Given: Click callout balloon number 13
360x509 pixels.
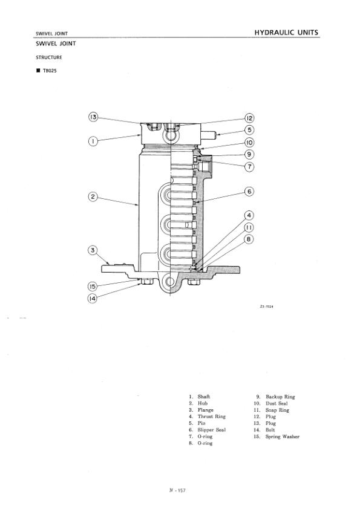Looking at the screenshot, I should [x=93, y=117].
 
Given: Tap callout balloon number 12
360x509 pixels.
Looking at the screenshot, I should [x=249, y=118].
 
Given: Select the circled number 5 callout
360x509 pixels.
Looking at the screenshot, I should [x=249, y=130].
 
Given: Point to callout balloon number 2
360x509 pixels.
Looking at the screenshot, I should [x=93, y=196].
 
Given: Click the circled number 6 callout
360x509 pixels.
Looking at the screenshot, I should [x=249, y=192].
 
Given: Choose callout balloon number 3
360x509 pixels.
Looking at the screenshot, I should [x=93, y=250].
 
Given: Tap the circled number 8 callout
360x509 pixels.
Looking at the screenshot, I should [x=249, y=239].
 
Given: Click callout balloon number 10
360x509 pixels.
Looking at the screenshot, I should [x=249, y=143].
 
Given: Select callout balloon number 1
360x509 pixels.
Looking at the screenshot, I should [x=93, y=141].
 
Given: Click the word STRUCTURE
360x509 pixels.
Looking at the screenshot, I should [x=48, y=58].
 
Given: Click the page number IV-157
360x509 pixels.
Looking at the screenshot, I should [x=177, y=490].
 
